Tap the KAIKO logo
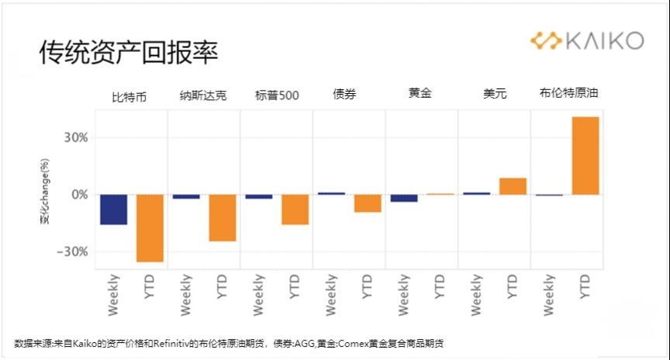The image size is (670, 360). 586,40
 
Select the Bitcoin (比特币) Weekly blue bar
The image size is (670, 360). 113,209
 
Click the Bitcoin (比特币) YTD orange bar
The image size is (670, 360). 150,228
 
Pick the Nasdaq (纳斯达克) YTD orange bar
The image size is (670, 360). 223,218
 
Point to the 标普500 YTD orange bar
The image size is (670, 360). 295,209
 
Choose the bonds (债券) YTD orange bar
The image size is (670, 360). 368,203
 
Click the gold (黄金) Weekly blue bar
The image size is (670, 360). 404,198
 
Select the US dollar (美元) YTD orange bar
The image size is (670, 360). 513,186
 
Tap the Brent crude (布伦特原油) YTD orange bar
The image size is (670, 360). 585,155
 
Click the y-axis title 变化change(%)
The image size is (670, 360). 46,195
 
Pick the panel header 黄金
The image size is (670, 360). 420,93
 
